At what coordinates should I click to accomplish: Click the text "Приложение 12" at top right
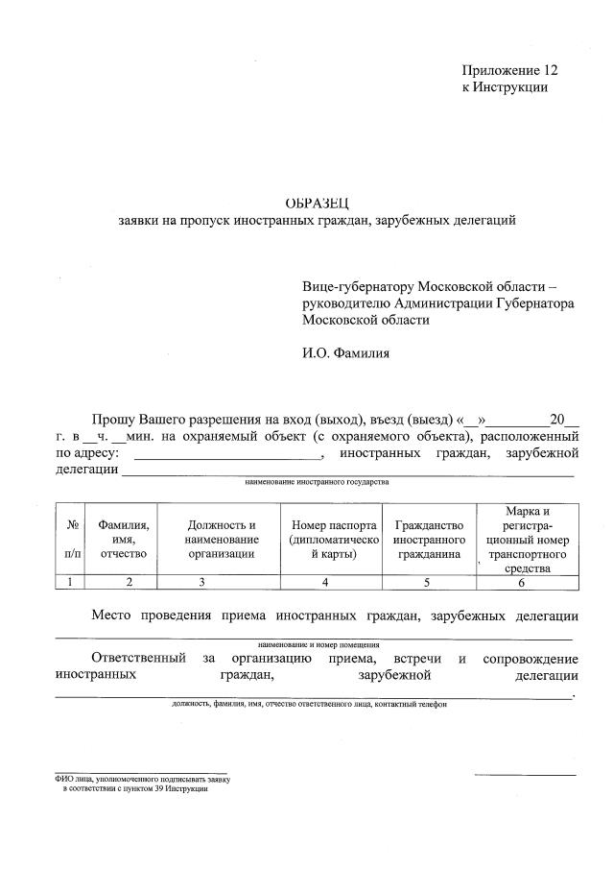[x=509, y=70]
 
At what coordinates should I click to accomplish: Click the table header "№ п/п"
[x=72, y=539]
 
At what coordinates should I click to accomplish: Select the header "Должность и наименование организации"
[x=221, y=539]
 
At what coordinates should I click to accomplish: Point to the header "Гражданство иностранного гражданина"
[x=428, y=539]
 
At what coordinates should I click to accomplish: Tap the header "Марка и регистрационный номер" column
[x=528, y=539]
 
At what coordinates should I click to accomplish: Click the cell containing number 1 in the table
[x=72, y=582]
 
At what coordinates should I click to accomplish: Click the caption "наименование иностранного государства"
[x=317, y=481]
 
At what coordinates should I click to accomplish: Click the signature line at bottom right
[x=525, y=774]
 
